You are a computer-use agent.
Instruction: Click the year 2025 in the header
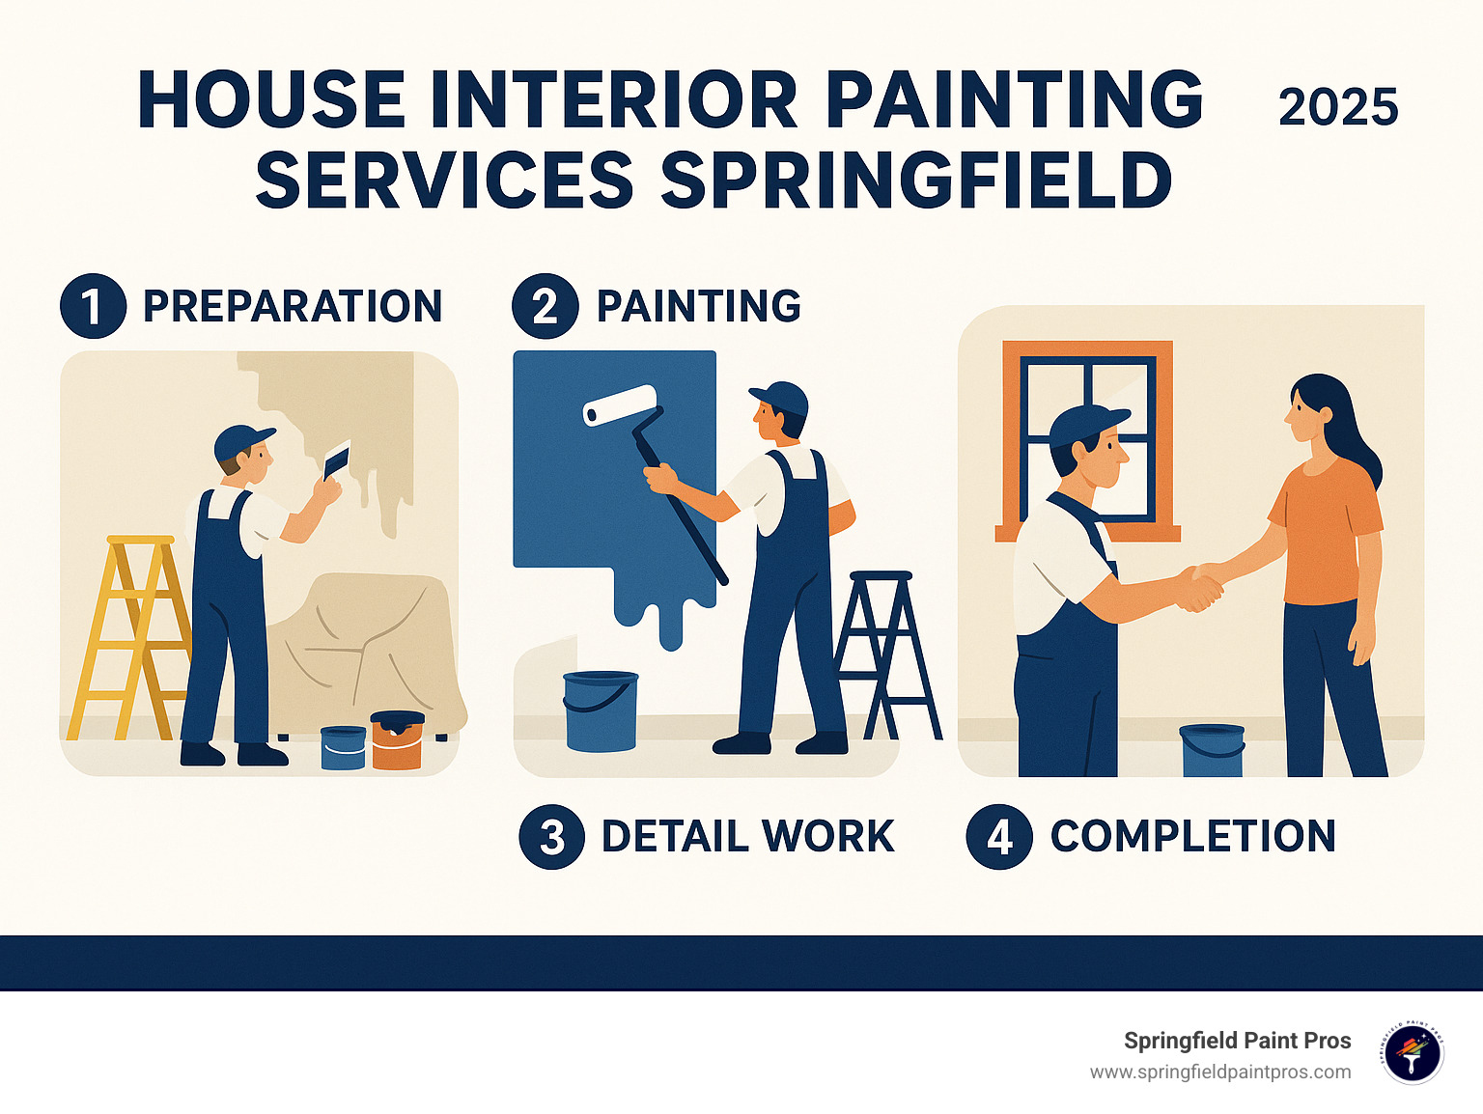pos(1338,107)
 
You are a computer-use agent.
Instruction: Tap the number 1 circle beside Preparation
pos(93,307)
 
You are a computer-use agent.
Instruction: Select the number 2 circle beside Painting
pos(545,307)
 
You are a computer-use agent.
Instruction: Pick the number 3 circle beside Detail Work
pos(551,837)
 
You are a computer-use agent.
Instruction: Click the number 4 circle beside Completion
pos(999,837)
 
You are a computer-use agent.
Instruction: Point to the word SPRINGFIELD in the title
pos(916,181)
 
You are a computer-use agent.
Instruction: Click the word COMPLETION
pos(1192,837)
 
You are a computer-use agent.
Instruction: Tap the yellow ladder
pos(130,637)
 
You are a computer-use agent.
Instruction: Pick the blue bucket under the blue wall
pos(600,711)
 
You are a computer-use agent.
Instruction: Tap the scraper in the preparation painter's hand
pos(335,460)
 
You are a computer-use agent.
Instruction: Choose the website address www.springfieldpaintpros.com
pos(1220,1072)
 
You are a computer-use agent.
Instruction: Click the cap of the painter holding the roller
pos(779,397)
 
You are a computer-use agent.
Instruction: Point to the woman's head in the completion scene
pos(1314,407)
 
